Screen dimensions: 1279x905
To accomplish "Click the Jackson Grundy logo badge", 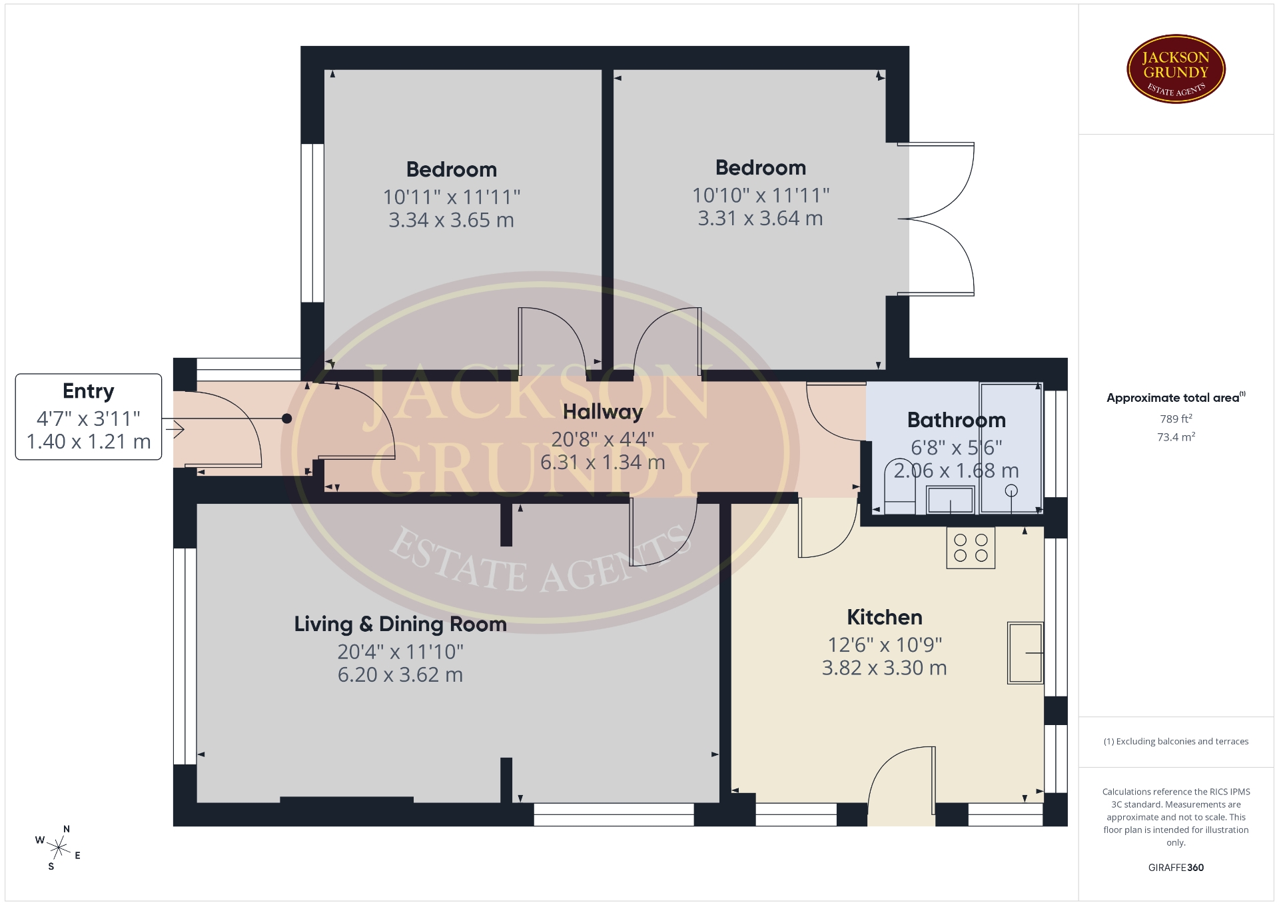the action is pyautogui.click(x=1176, y=69).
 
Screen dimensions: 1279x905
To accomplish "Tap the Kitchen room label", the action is pyautogui.click(x=885, y=617).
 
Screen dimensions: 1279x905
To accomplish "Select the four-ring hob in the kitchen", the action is pyautogui.click(x=971, y=548).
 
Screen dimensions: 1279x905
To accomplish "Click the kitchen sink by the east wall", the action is pyautogui.click(x=1025, y=653).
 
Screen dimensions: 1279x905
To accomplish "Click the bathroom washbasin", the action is pyautogui.click(x=951, y=500).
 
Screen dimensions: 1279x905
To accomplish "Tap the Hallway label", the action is pyautogui.click(x=603, y=412).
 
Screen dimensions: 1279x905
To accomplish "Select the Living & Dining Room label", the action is pyautogui.click(x=400, y=624).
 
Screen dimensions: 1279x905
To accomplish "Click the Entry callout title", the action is pyautogui.click(x=89, y=391).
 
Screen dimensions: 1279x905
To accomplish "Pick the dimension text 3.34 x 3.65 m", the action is pyautogui.click(x=451, y=220).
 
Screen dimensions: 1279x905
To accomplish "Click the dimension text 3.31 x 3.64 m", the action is pyautogui.click(x=760, y=219).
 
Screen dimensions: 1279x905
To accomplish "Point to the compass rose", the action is pyautogui.click(x=59, y=848).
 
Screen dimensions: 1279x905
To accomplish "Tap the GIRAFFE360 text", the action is pyautogui.click(x=1176, y=868).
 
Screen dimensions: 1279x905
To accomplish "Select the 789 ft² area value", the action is pyautogui.click(x=1176, y=419).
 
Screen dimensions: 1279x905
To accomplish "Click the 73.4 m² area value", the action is pyautogui.click(x=1176, y=437).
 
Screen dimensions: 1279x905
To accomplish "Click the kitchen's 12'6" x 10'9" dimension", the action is pyautogui.click(x=885, y=644).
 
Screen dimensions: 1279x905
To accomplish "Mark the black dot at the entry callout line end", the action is pyautogui.click(x=286, y=419).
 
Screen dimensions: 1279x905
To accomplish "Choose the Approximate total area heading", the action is pyautogui.click(x=1176, y=398).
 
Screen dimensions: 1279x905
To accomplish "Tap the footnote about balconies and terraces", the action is pyautogui.click(x=1176, y=742).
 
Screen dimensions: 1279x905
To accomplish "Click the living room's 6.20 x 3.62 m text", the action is pyautogui.click(x=400, y=675).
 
